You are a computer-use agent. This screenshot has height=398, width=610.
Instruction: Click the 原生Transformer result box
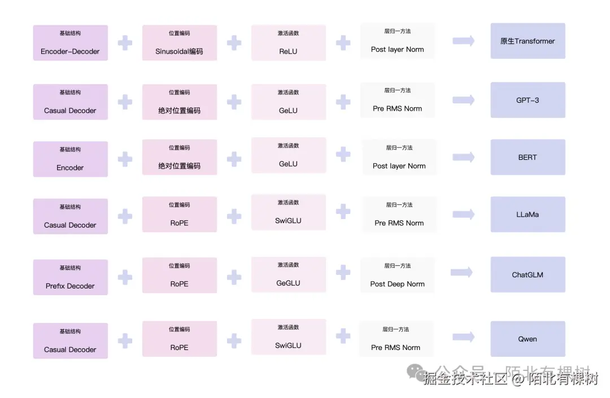pos(528,41)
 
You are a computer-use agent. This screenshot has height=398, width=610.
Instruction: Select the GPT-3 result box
pos(528,100)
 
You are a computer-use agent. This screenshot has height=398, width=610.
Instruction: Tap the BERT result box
pos(528,158)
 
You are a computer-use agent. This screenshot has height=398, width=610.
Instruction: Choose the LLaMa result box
pos(528,215)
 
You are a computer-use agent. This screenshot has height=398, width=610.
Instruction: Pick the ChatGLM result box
pos(528,275)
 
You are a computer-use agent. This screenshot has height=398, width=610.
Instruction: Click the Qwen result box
pos(528,339)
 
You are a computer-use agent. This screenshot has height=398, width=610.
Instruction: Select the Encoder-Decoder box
pos(70,43)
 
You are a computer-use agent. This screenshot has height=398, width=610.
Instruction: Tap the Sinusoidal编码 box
pos(179,43)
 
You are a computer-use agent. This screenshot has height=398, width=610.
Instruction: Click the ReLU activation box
pos(288,43)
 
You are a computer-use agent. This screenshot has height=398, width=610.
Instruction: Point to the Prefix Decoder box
pos(70,277)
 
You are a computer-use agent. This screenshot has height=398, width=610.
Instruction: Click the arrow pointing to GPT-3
pos(463,100)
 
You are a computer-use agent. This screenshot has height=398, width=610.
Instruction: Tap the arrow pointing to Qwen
pos(463,337)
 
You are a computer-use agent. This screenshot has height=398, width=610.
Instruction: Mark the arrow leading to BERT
pos(463,157)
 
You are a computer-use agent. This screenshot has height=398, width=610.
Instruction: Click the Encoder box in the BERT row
pos(70,159)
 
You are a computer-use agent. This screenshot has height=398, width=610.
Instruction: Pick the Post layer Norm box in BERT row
pos(399,158)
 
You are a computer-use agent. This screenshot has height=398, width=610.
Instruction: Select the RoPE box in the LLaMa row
pos(179,215)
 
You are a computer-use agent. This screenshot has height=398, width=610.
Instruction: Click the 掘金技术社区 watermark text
pos(465,379)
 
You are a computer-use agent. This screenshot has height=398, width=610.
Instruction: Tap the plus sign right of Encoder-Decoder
pos(125,43)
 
